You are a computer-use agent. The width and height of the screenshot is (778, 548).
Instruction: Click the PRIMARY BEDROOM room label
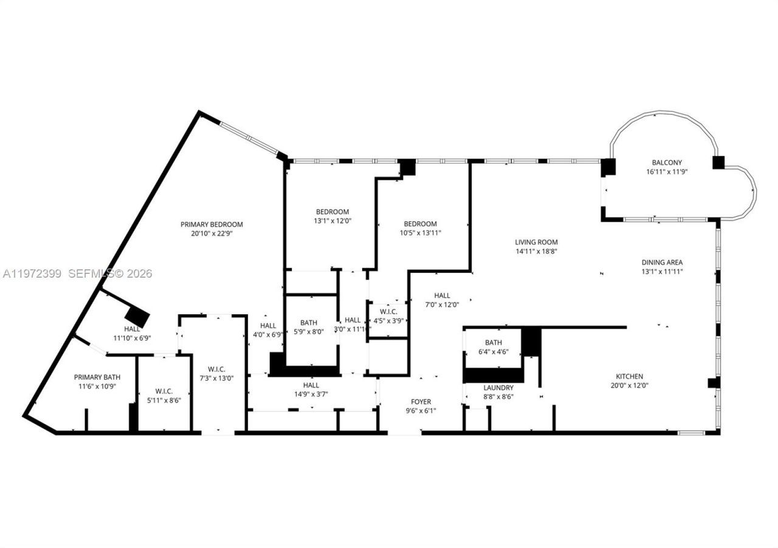(x=212, y=224)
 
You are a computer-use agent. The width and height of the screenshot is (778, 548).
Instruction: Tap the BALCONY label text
(x=667, y=162)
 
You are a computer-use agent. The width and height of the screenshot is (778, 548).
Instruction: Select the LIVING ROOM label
(x=536, y=242)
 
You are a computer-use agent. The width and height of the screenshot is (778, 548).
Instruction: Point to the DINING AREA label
(x=663, y=262)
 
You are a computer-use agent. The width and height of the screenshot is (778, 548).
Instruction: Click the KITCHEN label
(x=629, y=376)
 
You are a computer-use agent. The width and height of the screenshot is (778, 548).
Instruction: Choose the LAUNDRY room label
(x=498, y=388)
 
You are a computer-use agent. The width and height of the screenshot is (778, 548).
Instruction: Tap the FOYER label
(x=421, y=402)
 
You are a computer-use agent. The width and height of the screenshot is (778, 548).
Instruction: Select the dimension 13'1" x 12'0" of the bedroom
(x=332, y=221)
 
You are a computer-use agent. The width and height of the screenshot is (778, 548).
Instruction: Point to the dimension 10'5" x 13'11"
(x=420, y=233)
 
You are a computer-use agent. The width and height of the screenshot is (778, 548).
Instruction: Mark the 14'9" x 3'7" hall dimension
(x=311, y=394)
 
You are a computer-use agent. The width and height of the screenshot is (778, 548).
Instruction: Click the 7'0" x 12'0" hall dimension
(x=442, y=305)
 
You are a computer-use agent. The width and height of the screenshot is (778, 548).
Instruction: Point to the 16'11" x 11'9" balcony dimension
(x=667, y=172)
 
